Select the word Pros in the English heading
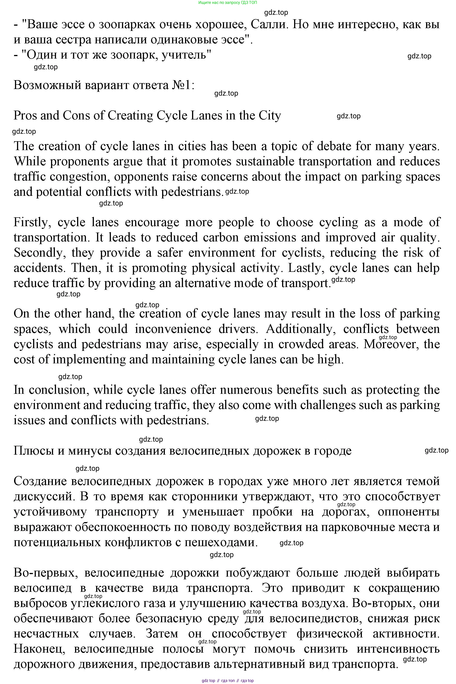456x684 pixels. pyautogui.click(x=25, y=116)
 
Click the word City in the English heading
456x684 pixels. pyautogui.click(x=270, y=116)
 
